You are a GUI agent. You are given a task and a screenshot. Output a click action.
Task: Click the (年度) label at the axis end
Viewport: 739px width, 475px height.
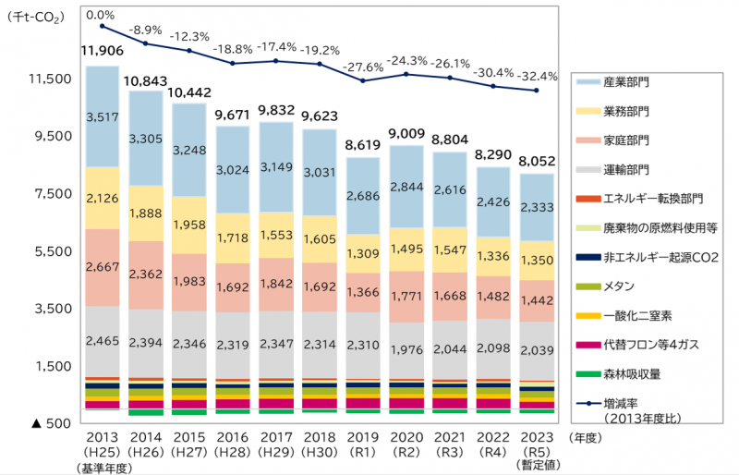587,437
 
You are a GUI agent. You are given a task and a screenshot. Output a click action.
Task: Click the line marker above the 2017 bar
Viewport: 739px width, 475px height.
276,61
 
